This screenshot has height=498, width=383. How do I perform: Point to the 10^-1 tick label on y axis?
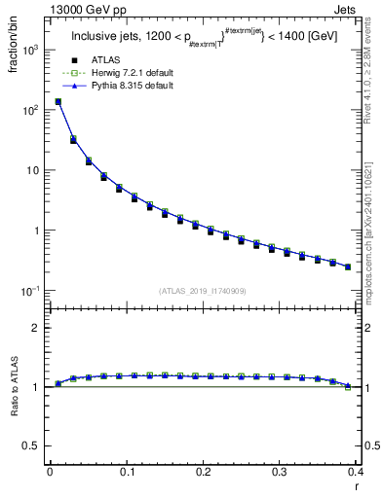point(30,291)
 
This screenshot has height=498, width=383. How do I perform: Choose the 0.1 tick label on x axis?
point(127,473)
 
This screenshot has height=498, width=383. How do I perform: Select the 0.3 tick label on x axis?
point(280,473)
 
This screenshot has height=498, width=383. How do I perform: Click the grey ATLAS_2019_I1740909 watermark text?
point(203,291)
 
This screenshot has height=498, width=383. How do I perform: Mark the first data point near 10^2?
point(57,101)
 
